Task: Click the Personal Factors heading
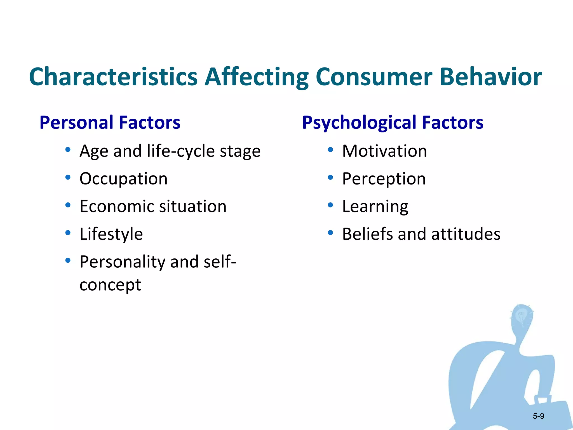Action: click(110, 122)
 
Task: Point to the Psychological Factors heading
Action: click(393, 122)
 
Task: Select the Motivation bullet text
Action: click(384, 151)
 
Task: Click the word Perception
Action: click(384, 179)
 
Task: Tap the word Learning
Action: click(375, 207)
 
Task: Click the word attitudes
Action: click(466, 234)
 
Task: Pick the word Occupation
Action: click(123, 179)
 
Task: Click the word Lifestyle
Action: click(111, 234)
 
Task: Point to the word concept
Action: click(110, 285)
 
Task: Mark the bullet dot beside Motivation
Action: click(330, 150)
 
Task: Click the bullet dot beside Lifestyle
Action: click(68, 233)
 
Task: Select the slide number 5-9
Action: click(538, 416)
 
